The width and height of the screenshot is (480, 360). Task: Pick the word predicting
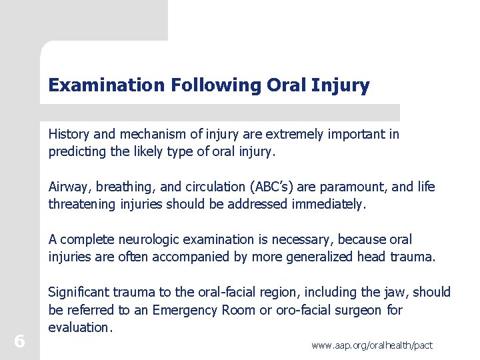(78, 151)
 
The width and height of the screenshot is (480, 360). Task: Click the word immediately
(329, 204)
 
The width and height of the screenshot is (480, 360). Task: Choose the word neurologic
(143, 239)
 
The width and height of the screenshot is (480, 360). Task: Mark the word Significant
(80, 292)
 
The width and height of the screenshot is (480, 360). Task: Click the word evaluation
(79, 327)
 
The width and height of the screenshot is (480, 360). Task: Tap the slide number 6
(19, 341)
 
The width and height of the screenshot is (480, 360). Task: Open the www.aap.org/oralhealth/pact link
(372, 345)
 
